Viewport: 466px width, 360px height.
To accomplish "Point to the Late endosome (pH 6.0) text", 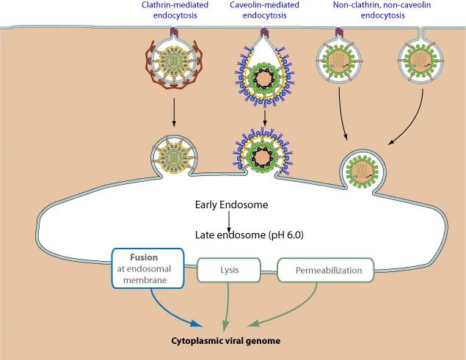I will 250,235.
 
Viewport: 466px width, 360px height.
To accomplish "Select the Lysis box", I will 230,270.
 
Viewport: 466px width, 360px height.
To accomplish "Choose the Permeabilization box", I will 329,270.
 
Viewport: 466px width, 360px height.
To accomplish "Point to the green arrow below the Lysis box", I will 227,304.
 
